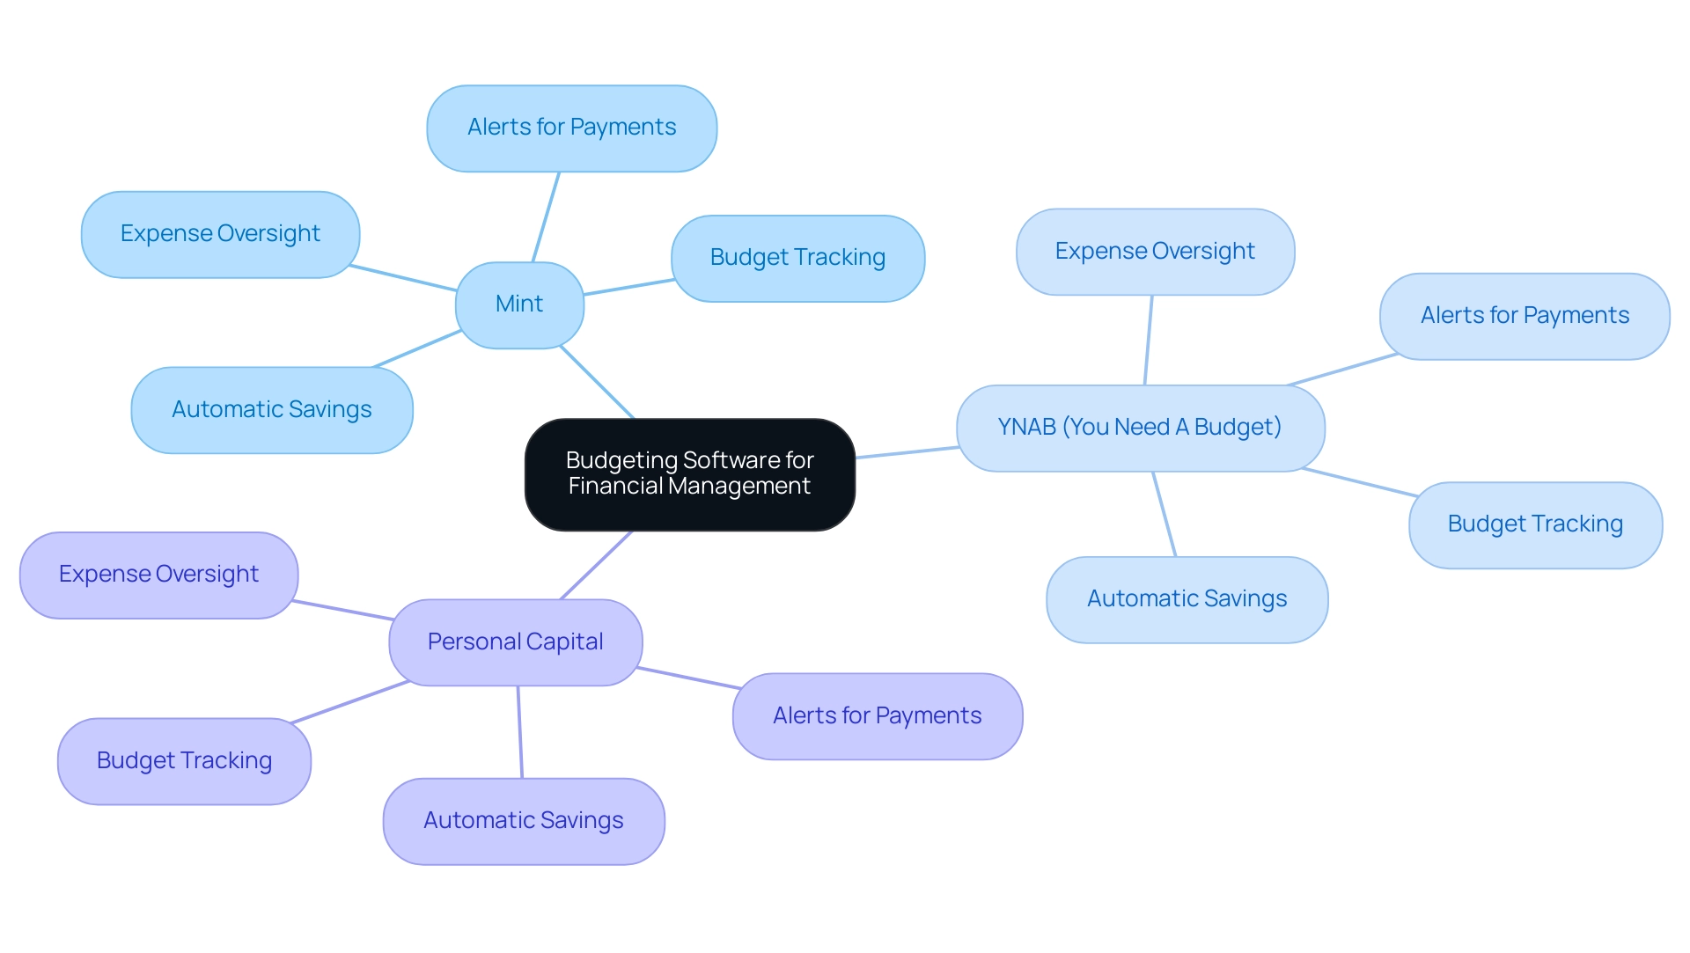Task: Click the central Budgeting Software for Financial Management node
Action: coord(689,474)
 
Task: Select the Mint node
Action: coord(519,304)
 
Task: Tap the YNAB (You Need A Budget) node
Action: coord(1140,428)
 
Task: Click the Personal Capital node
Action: coord(515,642)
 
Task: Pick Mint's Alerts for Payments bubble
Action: coord(571,128)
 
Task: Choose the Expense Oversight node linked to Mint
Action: coord(220,234)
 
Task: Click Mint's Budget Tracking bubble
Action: coord(797,258)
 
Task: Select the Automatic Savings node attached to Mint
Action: coord(271,410)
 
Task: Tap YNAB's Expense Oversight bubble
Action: coord(1155,252)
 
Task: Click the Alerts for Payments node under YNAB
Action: coord(1525,316)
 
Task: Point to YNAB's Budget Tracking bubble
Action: coord(1535,524)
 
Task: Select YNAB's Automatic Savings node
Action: coord(1187,599)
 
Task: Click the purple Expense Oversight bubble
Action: coord(158,575)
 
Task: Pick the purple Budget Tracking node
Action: coord(184,761)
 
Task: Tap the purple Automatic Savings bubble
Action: coord(524,821)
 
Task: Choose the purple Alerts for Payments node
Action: coord(877,716)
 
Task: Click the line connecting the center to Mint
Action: coord(597,383)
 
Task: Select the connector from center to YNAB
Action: coord(907,452)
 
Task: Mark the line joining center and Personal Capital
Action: coord(597,565)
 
